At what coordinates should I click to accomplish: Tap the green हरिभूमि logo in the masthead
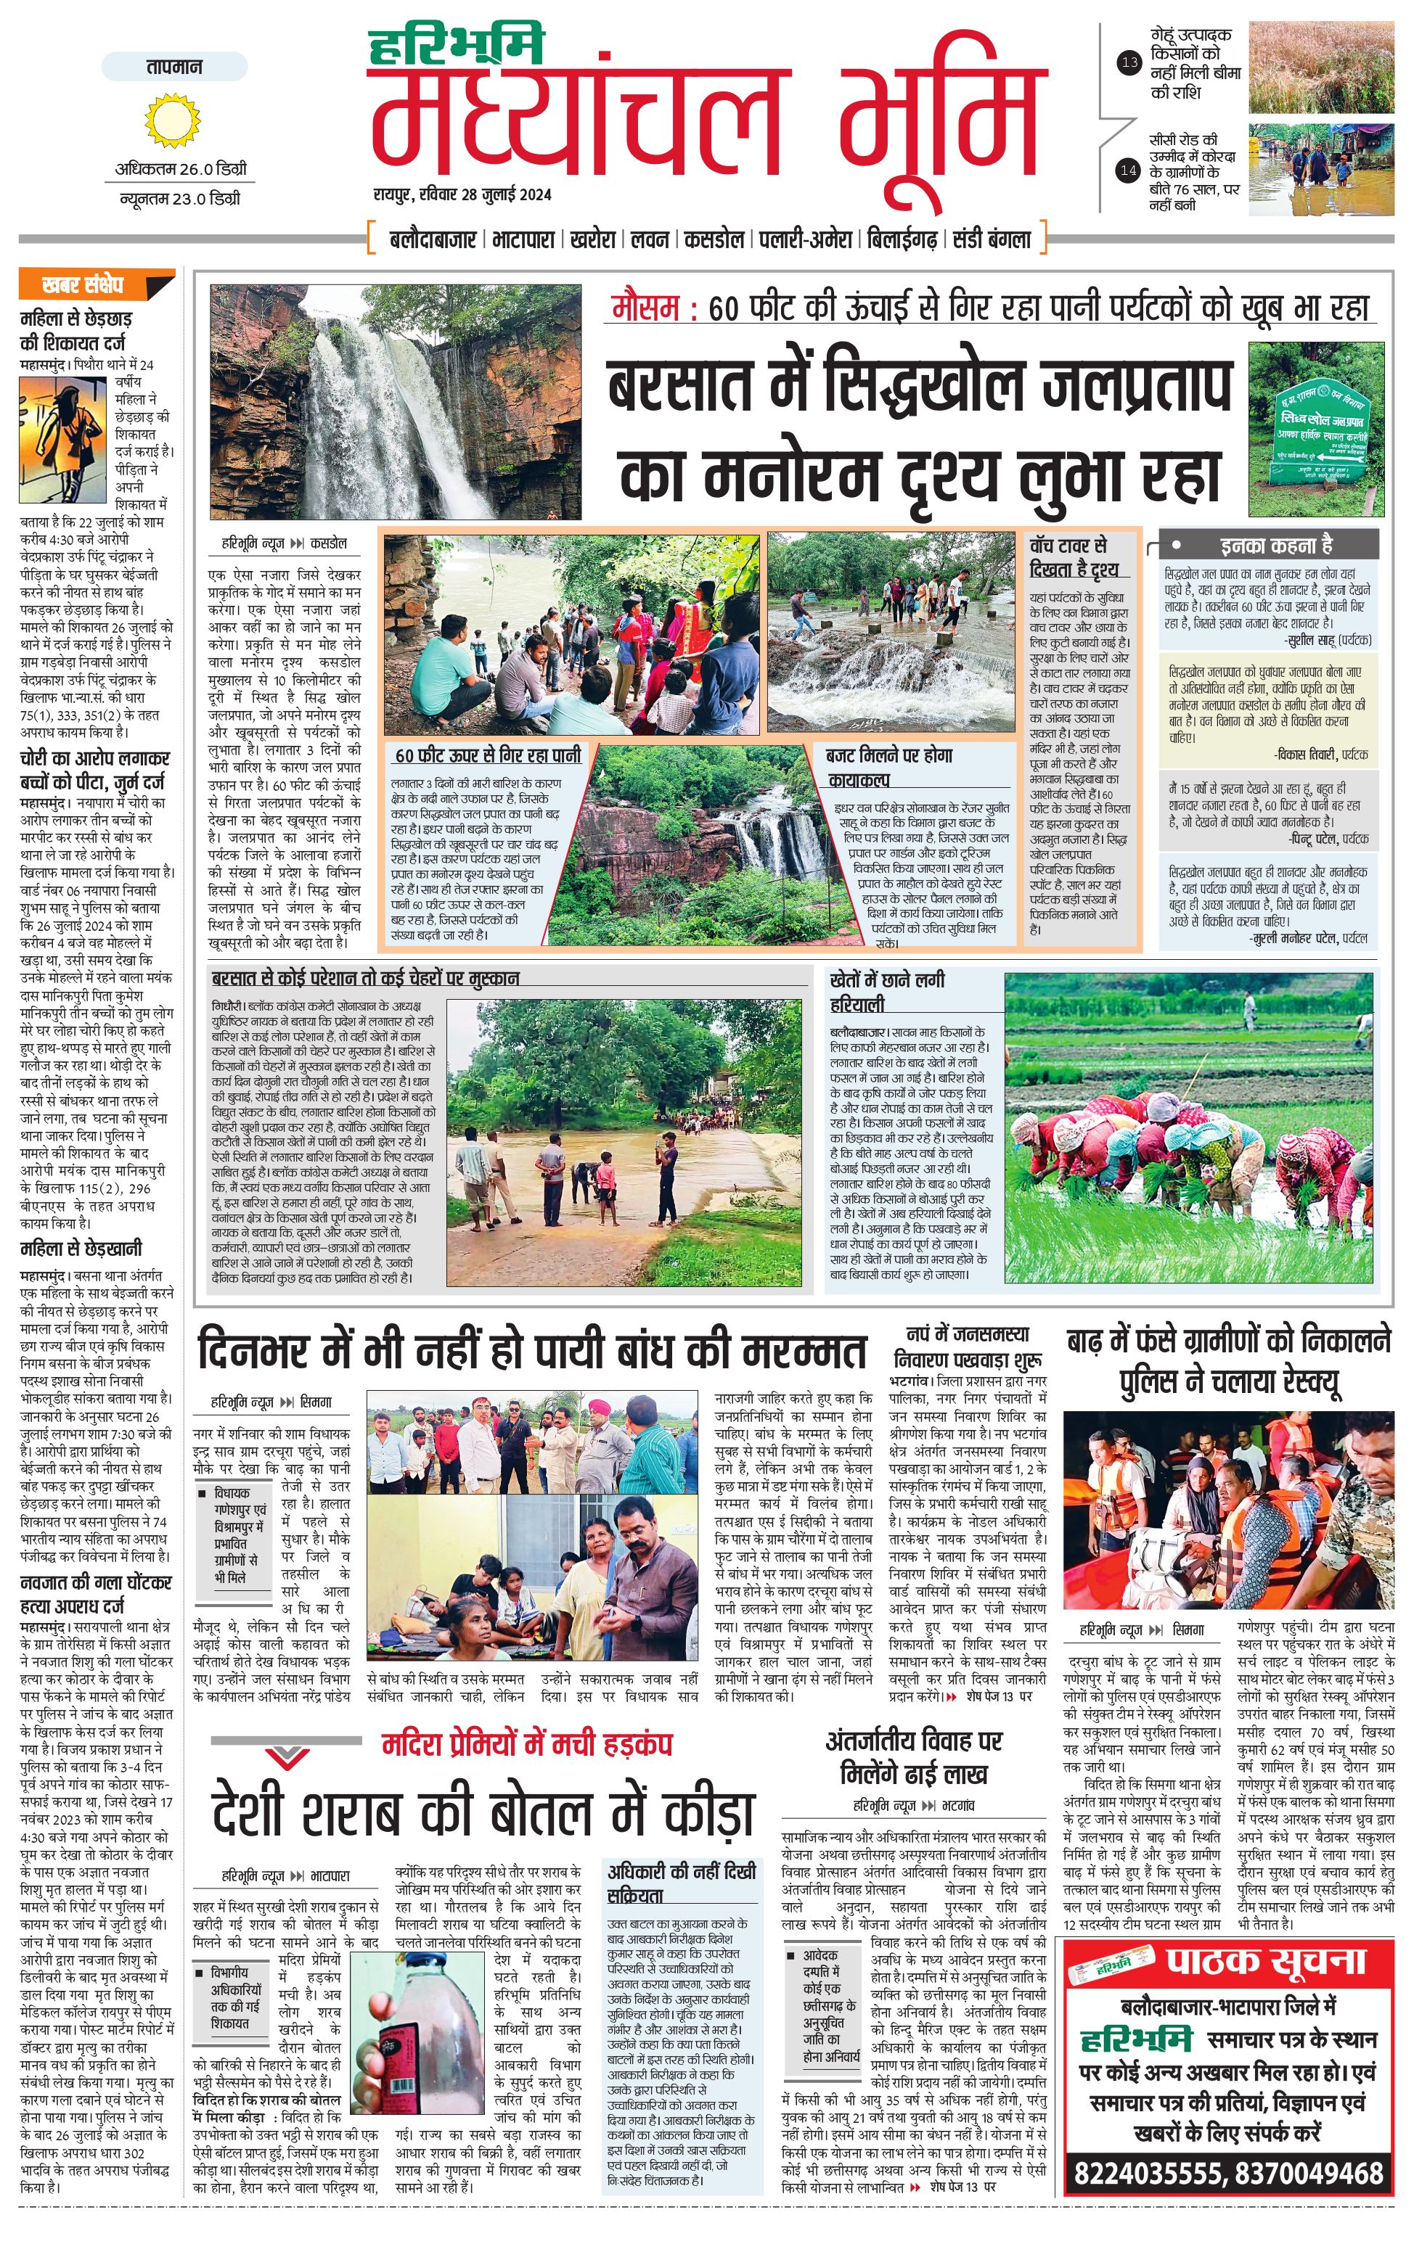456,48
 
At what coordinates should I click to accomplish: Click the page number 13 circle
1129,63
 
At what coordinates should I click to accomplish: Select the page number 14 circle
1129,170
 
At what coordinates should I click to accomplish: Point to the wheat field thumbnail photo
1321,68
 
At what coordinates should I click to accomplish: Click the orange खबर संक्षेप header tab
95,285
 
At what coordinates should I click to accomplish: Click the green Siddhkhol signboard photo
1315,429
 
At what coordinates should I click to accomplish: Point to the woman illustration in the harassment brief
62,440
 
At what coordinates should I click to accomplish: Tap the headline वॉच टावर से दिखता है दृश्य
1072,556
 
